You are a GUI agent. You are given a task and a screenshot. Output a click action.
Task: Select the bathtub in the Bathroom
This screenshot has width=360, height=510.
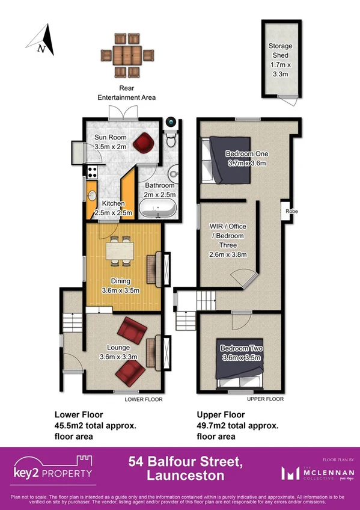pos(158,209)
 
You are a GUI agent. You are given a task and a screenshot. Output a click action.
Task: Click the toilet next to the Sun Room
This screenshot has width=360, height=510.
pos(170,140)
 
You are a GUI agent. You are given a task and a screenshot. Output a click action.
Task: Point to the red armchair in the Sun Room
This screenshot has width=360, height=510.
pos(144,143)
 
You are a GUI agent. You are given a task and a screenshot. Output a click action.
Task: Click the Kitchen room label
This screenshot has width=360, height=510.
pos(113,208)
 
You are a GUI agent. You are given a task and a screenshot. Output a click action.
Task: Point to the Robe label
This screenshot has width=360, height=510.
pos(291,212)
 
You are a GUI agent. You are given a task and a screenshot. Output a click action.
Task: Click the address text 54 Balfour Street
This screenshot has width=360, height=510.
pos(185,462)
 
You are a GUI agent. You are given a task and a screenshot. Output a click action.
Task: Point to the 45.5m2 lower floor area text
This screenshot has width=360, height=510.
pos(95,425)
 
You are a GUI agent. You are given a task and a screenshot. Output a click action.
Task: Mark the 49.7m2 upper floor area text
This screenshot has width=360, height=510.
pos(237,425)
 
